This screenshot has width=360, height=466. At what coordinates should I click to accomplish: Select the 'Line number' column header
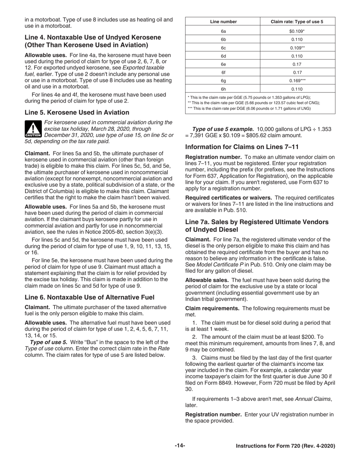click(223, 22)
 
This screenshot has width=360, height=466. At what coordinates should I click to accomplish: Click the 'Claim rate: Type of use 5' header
click(297, 22)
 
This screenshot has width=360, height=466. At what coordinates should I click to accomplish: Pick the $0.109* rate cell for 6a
click(297, 31)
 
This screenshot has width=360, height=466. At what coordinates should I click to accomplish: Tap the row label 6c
click(223, 48)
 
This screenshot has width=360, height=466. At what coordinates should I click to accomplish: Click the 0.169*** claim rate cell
click(297, 81)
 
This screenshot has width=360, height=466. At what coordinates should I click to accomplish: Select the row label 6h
click(223, 89)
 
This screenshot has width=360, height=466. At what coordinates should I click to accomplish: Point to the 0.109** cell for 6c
click(297, 48)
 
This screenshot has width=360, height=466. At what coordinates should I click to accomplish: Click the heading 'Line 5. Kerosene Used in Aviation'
click(77, 113)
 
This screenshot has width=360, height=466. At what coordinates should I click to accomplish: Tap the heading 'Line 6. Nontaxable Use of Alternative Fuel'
click(89, 297)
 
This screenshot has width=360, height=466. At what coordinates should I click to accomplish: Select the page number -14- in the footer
click(180, 446)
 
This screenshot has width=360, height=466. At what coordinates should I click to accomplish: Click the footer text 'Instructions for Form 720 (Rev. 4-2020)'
click(285, 446)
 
